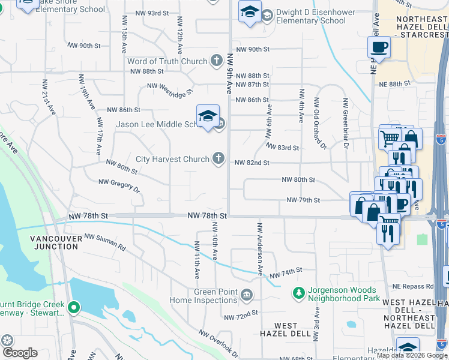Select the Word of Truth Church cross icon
(x=217, y=61)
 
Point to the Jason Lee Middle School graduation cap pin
(x=208, y=116)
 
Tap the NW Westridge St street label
(x=170, y=89)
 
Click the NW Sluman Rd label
(x=105, y=242)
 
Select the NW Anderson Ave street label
(x=260, y=250)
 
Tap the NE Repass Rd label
(x=414, y=286)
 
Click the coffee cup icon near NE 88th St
(x=379, y=46)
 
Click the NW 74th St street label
(x=285, y=274)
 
